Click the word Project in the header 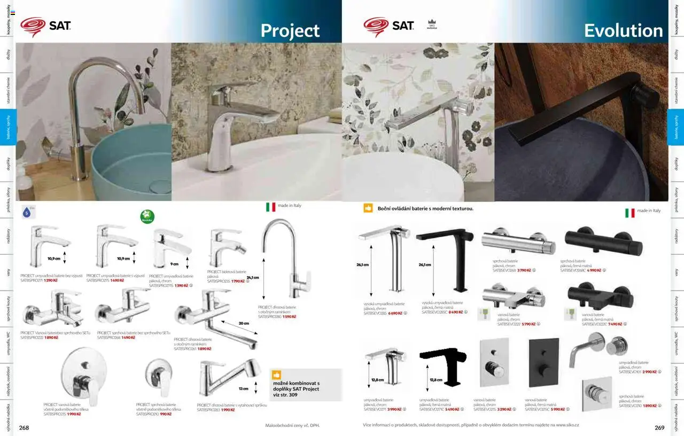[290, 31]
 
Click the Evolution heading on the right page [623, 31]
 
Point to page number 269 [659, 427]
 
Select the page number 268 [24, 427]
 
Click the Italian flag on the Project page [271, 207]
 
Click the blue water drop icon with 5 [27, 212]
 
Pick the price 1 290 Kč [51, 280]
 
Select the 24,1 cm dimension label [253, 277]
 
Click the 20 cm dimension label [244, 323]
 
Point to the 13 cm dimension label [244, 388]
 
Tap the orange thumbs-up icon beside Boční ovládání [368, 208]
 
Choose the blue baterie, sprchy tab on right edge [676, 127]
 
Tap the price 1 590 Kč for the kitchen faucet [289, 317]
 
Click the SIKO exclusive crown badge [432, 25]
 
